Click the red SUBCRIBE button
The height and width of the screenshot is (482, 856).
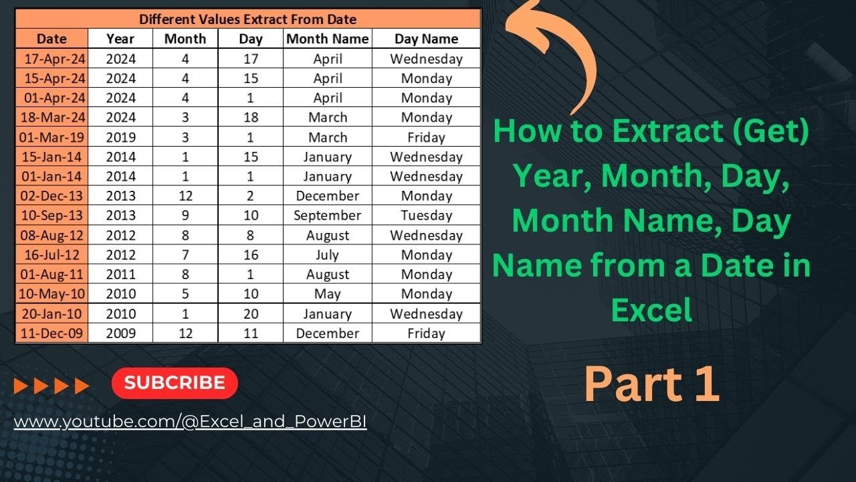175,383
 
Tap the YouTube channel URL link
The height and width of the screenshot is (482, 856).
190,422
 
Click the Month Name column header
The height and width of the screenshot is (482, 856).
327,39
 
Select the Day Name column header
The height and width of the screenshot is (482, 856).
426,39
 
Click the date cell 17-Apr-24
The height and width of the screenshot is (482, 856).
52,59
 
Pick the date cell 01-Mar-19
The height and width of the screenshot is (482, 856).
52,137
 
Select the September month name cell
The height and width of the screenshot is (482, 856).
327,216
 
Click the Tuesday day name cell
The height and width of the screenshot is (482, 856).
426,216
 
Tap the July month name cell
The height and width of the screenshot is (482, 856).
327,255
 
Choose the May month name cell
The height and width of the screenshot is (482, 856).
327,294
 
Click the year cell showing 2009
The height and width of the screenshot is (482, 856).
120,333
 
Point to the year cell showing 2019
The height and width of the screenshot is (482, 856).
120,137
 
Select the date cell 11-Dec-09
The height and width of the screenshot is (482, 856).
52,333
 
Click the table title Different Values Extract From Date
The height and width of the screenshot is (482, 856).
247,19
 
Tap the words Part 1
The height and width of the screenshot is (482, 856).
651,385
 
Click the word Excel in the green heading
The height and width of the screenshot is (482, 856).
651,310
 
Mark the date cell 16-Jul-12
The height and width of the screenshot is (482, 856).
52,255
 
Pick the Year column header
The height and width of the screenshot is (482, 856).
120,39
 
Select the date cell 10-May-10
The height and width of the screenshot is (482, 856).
52,294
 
